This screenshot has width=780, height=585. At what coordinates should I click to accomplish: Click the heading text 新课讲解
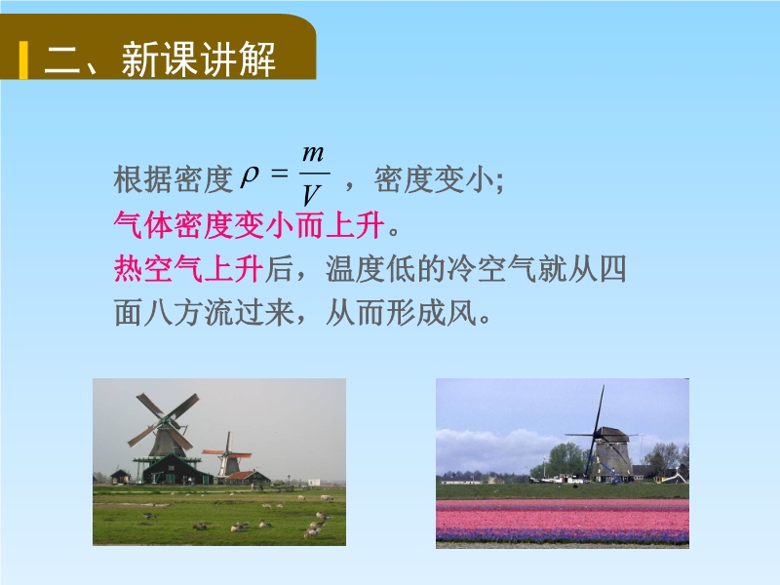tap(199, 59)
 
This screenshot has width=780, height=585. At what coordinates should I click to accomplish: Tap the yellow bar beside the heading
tap(23, 60)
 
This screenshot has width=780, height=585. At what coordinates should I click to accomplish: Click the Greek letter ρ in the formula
tap(250, 176)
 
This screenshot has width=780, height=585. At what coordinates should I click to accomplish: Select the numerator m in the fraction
tap(313, 154)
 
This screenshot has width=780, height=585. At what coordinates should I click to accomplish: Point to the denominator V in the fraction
tap(311, 195)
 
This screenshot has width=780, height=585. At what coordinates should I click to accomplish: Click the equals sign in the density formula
tap(280, 174)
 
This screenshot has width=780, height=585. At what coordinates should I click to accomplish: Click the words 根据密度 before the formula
tap(174, 179)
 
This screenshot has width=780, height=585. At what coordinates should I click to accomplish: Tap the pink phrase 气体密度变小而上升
tap(250, 225)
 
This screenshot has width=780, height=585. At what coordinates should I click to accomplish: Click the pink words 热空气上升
tap(188, 269)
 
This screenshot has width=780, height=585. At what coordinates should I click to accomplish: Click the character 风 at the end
tap(461, 313)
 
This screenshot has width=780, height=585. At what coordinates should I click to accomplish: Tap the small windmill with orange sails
tap(228, 455)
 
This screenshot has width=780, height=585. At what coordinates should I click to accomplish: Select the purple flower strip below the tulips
tap(563, 535)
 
